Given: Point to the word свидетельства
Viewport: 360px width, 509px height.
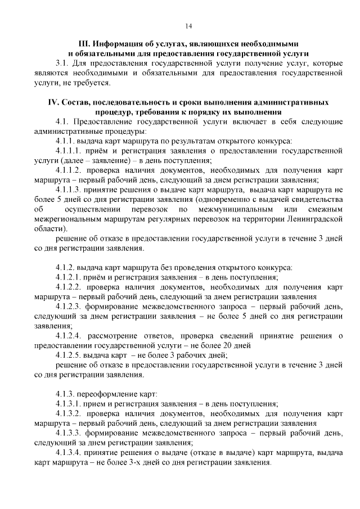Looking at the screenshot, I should point(316,200).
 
